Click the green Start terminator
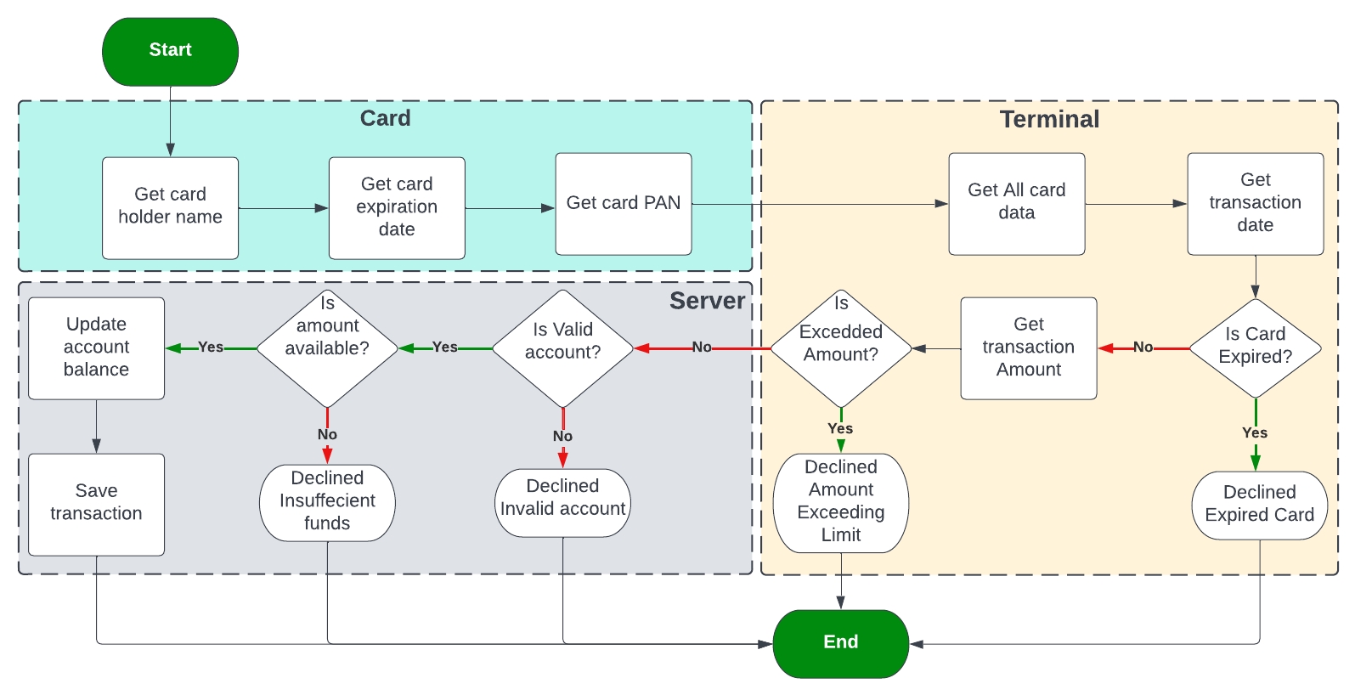[170, 51]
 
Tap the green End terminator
[840, 643]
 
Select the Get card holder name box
[170, 207]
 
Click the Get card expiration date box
[397, 207]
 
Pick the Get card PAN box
[623, 203]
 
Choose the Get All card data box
[1016, 203]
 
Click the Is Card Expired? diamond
[1255, 347]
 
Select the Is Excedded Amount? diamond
[840, 347]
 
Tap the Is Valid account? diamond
[562, 347]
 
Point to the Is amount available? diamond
[327, 347]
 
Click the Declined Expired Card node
[1259, 505]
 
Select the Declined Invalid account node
[562, 502]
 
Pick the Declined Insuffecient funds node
[327, 502]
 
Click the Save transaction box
[96, 504]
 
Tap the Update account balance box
[96, 347]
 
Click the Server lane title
[707, 301]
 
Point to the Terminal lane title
[1048, 119]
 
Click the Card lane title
[385, 118]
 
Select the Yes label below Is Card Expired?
[1254, 432]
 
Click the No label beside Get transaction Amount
[1143, 347]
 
